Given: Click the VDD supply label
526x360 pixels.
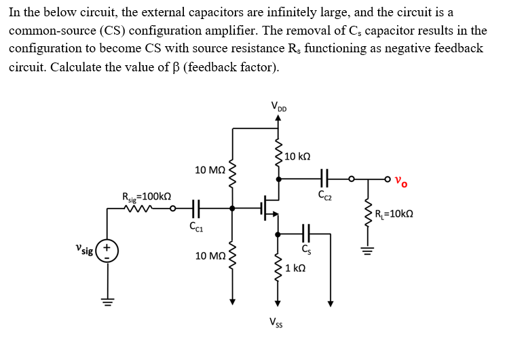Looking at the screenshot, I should [x=278, y=106].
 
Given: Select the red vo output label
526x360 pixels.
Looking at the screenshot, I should [x=402, y=181].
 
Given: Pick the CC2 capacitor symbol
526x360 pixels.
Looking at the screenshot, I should [x=324, y=179].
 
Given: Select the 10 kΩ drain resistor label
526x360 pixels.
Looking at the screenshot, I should [x=298, y=156].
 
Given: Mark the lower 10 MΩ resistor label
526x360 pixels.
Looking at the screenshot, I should [x=209, y=256].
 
